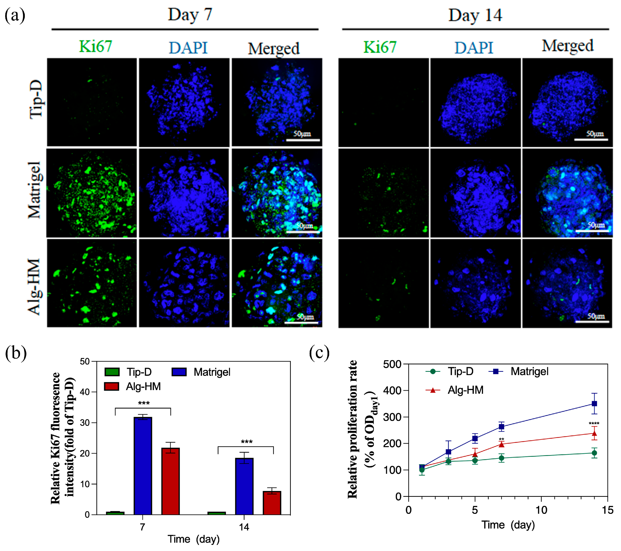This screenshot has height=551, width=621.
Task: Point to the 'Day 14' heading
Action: pyautogui.click(x=475, y=15)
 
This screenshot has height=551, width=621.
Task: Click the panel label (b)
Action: pyautogui.click(x=16, y=353)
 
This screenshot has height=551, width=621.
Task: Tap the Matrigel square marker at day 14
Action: pyautogui.click(x=594, y=404)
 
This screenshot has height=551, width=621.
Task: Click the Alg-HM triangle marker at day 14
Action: pyautogui.click(x=594, y=433)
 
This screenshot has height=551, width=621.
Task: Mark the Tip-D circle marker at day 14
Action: pyautogui.click(x=594, y=453)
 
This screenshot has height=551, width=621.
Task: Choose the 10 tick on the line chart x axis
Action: pyautogui.click(x=541, y=510)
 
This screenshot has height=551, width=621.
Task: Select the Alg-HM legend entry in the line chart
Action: pyautogui.click(x=465, y=390)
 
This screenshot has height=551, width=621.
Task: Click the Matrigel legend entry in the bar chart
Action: pyautogui.click(x=212, y=372)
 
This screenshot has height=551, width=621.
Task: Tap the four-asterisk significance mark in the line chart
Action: pyautogui.click(x=594, y=424)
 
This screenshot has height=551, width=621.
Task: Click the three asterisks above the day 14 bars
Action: pyautogui.click(x=246, y=442)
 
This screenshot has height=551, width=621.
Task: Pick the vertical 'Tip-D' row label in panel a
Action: pyautogui.click(x=36, y=99)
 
